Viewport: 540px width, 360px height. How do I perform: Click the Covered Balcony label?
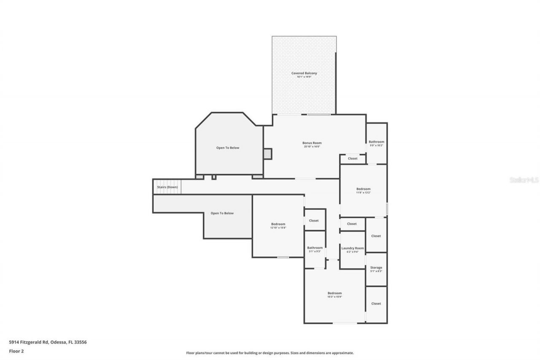tap(304, 73)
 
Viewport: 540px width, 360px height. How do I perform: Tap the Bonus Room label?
tap(312, 143)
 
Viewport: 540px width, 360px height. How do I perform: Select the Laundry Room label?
tap(352, 248)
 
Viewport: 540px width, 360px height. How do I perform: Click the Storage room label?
tap(376, 268)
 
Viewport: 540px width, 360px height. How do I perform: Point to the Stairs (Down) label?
tap(167, 187)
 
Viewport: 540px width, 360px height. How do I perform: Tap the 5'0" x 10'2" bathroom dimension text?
tap(376, 145)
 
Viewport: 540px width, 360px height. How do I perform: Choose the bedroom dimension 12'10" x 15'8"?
tap(278, 227)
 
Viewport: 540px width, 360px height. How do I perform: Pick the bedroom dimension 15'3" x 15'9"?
tap(335, 297)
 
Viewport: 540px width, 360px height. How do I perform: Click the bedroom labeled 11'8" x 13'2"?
tap(363, 189)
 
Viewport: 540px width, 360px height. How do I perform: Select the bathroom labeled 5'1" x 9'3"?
tap(315, 248)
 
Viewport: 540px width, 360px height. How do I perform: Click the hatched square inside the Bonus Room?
tap(267, 154)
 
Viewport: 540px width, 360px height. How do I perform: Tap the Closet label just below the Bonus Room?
tap(352, 159)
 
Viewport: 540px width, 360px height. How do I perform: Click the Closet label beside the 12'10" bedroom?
tap(314, 220)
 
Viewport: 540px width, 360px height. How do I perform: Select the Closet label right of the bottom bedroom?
tap(376, 303)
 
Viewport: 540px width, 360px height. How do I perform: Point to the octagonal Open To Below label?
tap(228, 148)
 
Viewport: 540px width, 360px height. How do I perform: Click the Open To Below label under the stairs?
tap(222, 213)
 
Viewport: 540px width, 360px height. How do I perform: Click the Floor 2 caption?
tap(16, 351)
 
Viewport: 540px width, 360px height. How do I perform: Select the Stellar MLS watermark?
tap(524, 180)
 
